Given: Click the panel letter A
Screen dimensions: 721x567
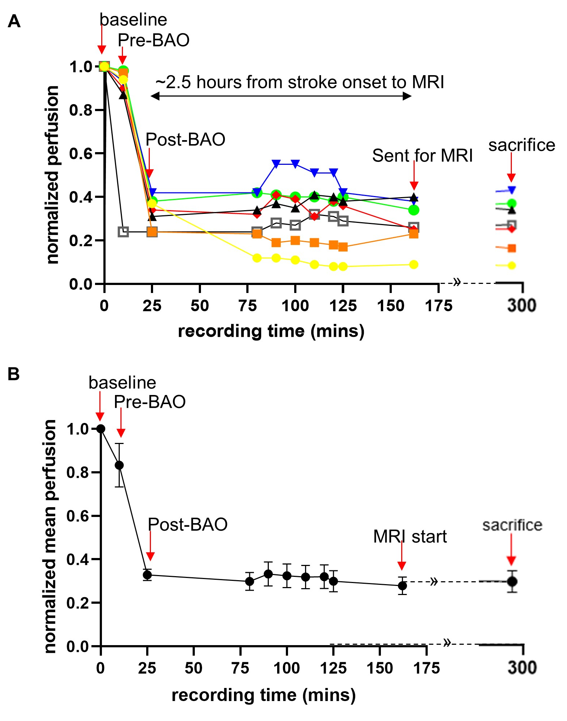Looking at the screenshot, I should point(14,21).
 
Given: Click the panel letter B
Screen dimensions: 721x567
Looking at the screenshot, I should point(14,374).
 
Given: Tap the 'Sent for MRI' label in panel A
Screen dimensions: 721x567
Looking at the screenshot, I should point(422,156).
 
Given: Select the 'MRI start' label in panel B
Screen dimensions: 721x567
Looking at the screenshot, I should point(410,537).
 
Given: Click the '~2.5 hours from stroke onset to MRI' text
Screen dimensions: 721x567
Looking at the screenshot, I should point(300,82).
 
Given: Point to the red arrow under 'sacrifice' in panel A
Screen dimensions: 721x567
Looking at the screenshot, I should point(511,167).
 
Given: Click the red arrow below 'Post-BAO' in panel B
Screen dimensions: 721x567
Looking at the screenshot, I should point(150,546).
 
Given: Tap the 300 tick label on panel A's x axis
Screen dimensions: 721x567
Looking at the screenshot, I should point(522,305).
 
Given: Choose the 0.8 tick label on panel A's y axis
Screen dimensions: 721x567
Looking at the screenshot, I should point(81,110).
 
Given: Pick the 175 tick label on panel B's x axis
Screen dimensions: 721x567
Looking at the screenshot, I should point(427,668).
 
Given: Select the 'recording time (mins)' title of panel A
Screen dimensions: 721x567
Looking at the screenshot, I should point(271,331).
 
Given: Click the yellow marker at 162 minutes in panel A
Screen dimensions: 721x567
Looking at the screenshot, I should point(414,264).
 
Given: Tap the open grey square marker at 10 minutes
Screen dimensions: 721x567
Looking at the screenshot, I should point(123,232).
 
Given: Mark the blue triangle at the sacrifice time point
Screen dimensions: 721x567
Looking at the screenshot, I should point(511,190).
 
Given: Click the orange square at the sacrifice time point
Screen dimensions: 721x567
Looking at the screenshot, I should point(512,248).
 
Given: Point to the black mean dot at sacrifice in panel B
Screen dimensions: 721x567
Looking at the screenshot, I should point(512,582).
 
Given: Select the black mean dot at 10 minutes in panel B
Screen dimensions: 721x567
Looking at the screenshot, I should point(119,465).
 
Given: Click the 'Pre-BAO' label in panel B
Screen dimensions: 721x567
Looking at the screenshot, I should point(149,402).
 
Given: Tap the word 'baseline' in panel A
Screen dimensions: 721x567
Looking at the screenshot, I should point(133,20).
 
